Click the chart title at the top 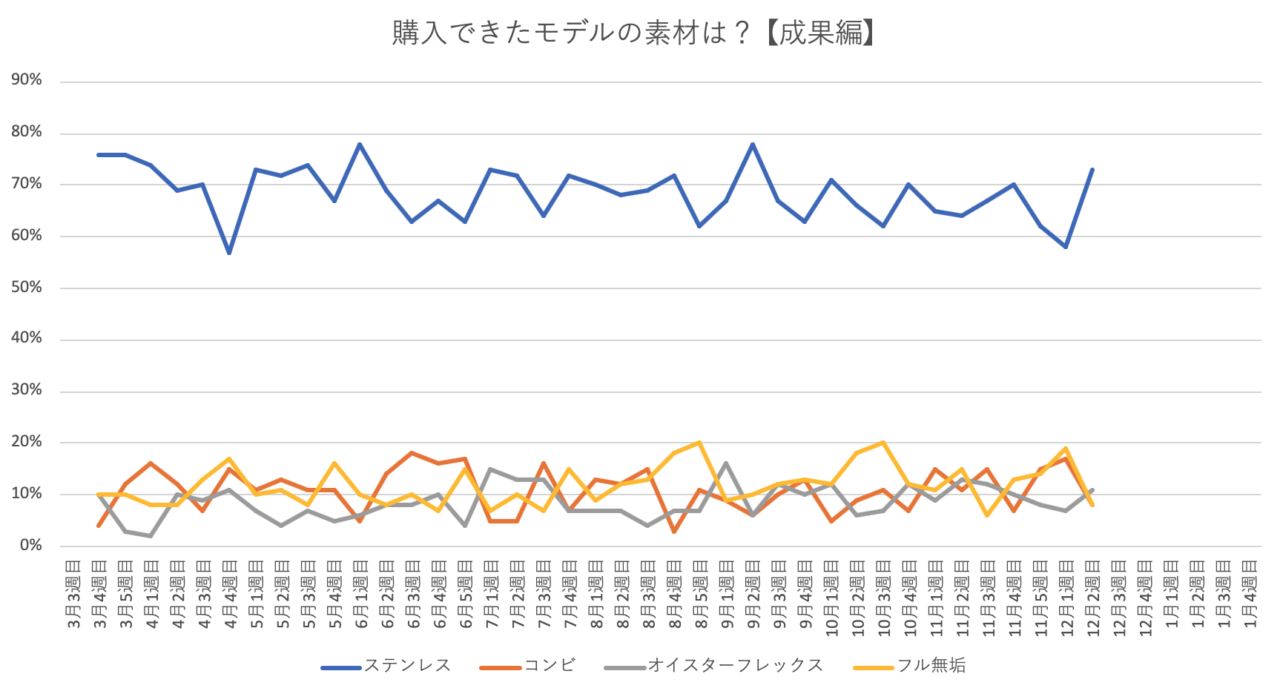tap(634, 33)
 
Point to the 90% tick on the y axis tap(27, 80)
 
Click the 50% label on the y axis tap(27, 288)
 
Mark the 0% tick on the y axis tap(30, 546)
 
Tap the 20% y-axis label tap(27, 442)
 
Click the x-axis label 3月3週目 tap(73, 594)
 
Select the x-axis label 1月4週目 tap(1250, 594)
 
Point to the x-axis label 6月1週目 tap(361, 594)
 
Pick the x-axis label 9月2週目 tap(753, 594)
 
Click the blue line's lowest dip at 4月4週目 tap(229, 253)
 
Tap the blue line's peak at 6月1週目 tap(360, 144)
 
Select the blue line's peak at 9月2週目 tap(753, 144)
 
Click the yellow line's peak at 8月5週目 tap(699, 443)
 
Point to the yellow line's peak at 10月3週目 tap(883, 443)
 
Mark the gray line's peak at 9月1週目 tap(726, 463)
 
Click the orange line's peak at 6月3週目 tap(412, 452)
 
